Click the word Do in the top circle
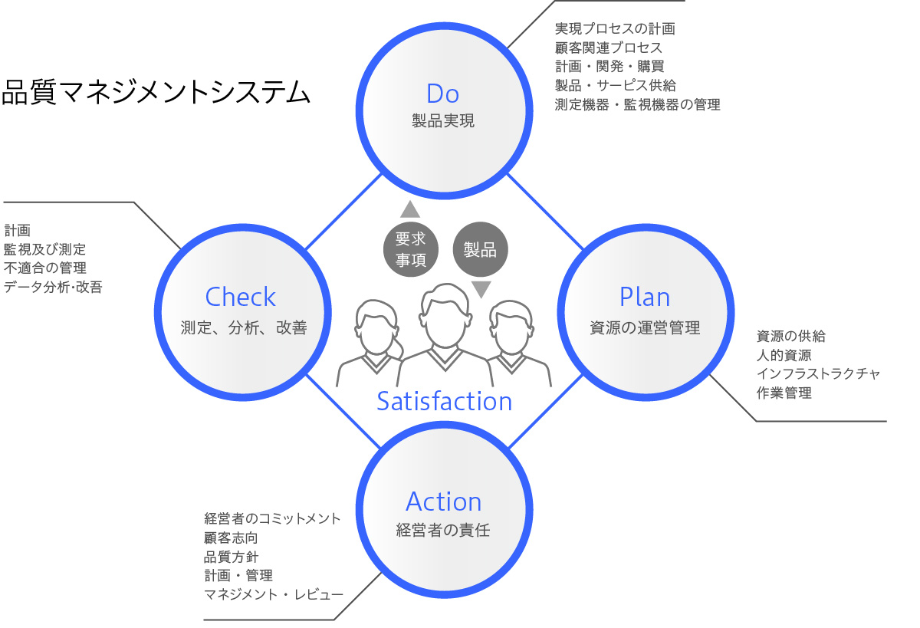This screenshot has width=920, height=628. [442, 94]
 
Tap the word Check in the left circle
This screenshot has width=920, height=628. [240, 297]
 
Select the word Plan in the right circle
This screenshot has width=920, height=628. [645, 297]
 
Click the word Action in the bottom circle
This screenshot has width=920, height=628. [443, 501]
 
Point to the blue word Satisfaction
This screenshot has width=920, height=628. [444, 400]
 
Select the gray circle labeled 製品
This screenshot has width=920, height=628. [480, 249]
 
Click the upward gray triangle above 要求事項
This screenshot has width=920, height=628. [410, 209]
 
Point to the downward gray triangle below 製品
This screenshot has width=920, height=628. [481, 289]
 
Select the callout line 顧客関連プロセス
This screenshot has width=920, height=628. [608, 48]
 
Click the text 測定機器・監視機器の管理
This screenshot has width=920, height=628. [637, 105]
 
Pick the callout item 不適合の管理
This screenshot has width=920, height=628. [45, 268]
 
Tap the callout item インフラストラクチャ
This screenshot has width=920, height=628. [818, 373]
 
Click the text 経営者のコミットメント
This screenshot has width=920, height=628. [272, 518]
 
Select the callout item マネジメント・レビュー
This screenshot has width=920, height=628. [273, 594]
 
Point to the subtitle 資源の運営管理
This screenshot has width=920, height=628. [645, 328]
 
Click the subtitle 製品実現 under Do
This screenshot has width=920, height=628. [442, 121]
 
